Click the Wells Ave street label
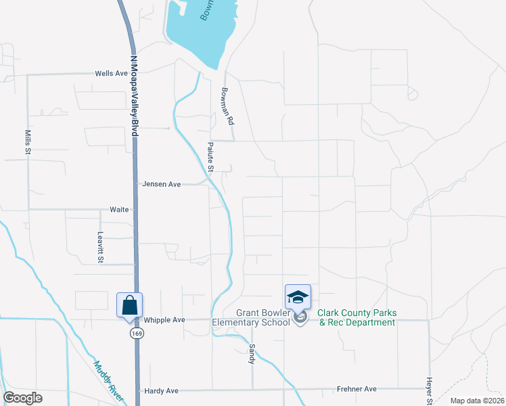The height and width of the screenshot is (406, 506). click(112, 74)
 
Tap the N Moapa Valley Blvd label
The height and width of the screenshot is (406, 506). click(134, 97)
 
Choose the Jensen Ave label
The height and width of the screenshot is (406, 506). click(162, 184)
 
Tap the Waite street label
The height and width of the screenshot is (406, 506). click(119, 210)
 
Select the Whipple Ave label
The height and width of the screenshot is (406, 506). click(164, 319)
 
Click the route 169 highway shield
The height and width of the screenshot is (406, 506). click(137, 334)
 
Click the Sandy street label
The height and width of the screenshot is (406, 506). click(252, 353)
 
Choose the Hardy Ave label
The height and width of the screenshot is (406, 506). click(162, 391)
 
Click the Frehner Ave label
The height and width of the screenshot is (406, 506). click(356, 390)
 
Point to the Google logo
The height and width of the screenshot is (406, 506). click(23, 398)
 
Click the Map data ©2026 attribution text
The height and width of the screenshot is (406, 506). click(476, 401)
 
